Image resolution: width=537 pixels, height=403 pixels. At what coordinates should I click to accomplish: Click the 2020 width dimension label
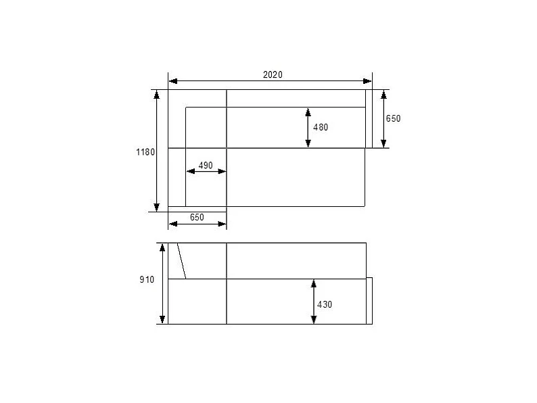pos(273,74)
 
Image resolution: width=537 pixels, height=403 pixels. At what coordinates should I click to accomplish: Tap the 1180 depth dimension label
pos(145,152)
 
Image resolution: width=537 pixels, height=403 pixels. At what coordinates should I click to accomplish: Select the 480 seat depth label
pos(321,127)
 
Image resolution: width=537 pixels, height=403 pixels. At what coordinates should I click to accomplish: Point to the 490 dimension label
pos(206,166)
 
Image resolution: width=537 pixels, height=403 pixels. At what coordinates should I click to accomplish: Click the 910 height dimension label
pos(147,280)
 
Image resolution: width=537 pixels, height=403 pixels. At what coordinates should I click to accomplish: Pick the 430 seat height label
pos(325,304)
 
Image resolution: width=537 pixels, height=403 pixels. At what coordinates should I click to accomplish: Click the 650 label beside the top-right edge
pos(393,118)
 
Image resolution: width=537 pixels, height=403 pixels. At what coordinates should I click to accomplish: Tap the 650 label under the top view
pos(197,218)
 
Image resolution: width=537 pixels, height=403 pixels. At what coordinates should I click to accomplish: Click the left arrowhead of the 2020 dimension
pos(173,81)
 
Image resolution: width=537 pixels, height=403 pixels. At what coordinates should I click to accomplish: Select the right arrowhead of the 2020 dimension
pos(367,81)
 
